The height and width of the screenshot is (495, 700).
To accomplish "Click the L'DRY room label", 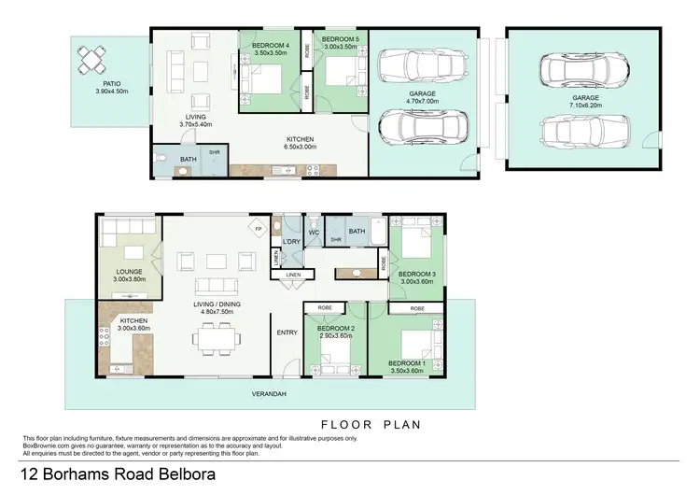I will (x=289, y=243).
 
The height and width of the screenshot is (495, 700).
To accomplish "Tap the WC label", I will (x=315, y=231).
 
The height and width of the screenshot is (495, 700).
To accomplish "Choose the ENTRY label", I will (x=287, y=332).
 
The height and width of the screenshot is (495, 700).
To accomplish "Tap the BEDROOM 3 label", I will (x=417, y=274).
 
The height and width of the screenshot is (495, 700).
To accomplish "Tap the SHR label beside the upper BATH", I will (x=214, y=152).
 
